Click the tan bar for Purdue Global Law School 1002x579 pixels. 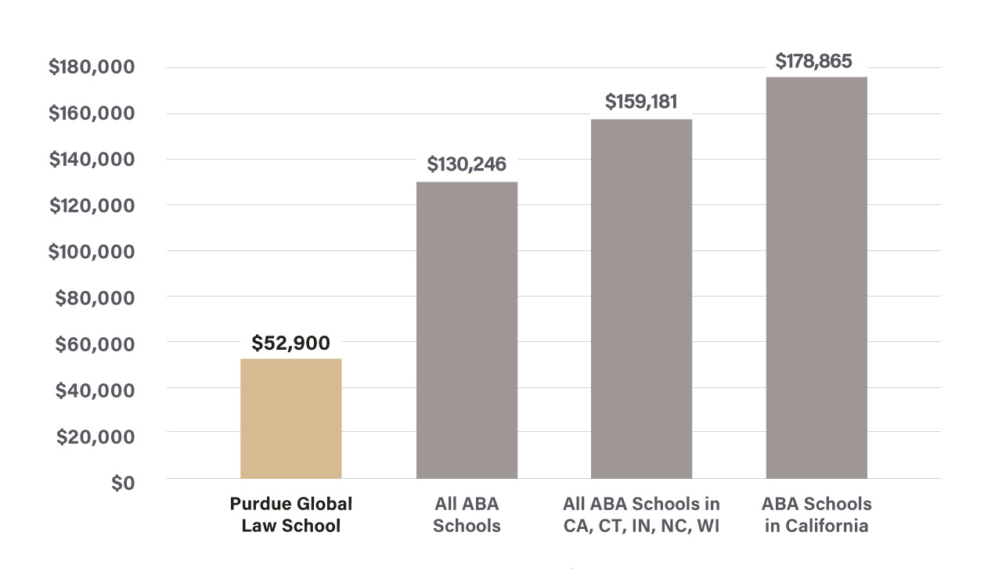[290, 419]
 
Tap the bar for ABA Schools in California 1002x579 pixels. [816, 278]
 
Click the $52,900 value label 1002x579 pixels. [290, 343]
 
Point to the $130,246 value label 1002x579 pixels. [467, 164]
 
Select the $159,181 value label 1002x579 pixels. [641, 102]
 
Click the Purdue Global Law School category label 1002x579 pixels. [290, 514]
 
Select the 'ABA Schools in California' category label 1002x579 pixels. [816, 514]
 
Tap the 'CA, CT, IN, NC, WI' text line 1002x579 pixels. [641, 526]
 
